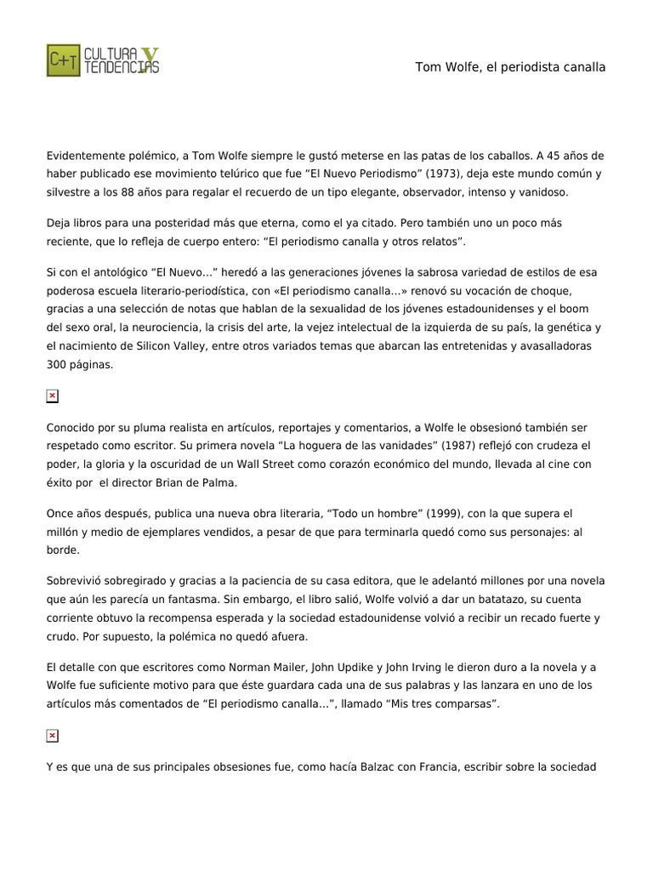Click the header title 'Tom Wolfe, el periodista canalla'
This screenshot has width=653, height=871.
(510, 66)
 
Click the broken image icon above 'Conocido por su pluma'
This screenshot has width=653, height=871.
(52, 396)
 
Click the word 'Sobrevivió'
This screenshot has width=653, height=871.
(77, 580)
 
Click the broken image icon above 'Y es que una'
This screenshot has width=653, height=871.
(52, 735)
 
